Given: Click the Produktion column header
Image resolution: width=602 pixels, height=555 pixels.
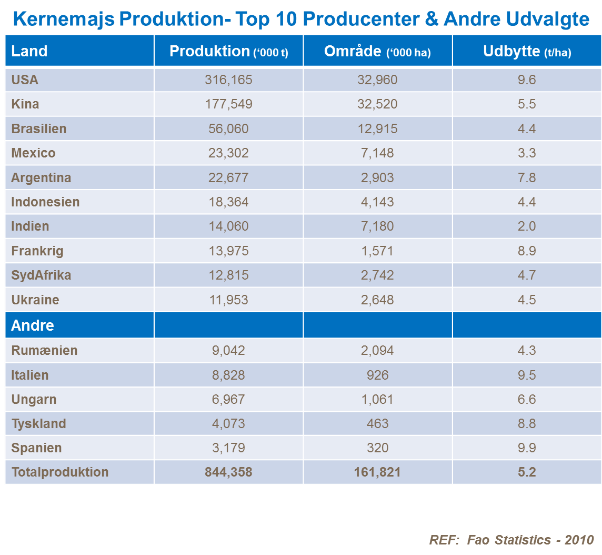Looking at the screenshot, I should (x=228, y=51).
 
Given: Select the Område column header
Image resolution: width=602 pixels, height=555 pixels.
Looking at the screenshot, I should (x=377, y=51).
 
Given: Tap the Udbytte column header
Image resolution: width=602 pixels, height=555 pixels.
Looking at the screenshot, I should (x=527, y=51).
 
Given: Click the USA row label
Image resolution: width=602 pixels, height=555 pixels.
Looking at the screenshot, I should (x=25, y=80).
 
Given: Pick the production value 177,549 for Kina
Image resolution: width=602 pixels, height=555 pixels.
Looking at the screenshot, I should (x=228, y=104).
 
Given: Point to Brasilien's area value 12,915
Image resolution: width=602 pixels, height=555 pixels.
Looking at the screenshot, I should (x=377, y=129).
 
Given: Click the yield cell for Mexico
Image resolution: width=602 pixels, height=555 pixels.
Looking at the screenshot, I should (x=527, y=153).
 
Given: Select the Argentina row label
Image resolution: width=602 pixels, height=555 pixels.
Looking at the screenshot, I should (x=41, y=178).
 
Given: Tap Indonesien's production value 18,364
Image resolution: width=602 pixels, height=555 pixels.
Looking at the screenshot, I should (x=228, y=202).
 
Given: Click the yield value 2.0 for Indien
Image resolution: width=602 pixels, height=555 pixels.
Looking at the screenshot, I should (x=527, y=226).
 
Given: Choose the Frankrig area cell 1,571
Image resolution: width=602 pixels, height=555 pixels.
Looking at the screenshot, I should (x=377, y=251).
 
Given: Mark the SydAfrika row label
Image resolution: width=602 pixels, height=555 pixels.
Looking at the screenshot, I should (x=41, y=275).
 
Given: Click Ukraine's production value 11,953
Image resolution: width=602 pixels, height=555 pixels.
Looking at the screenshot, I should (x=228, y=300).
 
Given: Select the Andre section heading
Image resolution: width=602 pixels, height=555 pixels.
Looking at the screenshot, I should (x=33, y=325).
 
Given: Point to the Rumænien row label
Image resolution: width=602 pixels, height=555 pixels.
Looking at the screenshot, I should (x=44, y=351).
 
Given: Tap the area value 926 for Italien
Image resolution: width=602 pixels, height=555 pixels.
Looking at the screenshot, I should (x=377, y=375).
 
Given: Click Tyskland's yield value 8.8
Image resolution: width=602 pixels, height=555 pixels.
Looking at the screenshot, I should (x=527, y=424).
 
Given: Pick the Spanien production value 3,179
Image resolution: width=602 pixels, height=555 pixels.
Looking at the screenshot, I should (x=228, y=448).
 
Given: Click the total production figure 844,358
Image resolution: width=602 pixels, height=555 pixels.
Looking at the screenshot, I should (x=228, y=472).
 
